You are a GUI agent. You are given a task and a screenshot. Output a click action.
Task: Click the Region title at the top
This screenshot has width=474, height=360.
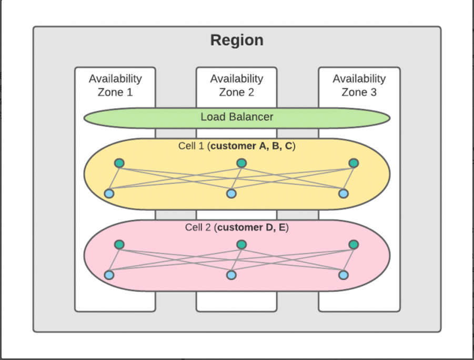237,40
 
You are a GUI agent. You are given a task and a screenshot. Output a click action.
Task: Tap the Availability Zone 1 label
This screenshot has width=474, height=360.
115,85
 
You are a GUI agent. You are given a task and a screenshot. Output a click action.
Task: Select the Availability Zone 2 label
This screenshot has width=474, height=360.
237,85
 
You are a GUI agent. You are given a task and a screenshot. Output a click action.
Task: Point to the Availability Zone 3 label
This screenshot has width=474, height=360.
359,85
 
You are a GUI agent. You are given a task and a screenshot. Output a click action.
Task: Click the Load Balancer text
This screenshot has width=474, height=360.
237,117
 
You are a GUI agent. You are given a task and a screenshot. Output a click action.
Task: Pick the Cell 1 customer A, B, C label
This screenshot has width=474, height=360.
237,146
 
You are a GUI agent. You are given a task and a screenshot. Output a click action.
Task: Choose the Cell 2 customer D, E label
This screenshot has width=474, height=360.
237,228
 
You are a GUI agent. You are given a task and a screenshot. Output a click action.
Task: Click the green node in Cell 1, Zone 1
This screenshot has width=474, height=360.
119,163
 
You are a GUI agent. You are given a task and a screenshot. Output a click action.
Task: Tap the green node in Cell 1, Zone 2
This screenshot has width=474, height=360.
241,163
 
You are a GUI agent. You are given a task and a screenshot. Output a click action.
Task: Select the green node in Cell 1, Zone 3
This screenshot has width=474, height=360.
354,163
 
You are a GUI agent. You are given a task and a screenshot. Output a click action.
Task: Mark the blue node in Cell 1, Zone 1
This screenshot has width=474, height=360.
109,193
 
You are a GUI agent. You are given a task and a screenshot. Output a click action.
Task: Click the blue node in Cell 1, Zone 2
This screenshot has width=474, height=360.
231,194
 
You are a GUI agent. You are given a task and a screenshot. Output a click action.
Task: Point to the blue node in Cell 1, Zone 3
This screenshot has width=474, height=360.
344,193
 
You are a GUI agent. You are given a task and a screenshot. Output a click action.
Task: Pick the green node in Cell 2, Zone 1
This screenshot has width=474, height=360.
119,244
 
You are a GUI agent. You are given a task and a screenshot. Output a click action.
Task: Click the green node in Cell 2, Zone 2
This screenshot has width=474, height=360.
241,244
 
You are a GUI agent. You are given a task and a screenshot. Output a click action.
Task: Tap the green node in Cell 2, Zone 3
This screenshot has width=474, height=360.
354,244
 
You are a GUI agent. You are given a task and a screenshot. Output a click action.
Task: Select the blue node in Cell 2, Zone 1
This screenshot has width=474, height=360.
109,275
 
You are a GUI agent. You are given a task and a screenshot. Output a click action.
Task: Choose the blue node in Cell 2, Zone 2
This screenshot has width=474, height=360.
231,275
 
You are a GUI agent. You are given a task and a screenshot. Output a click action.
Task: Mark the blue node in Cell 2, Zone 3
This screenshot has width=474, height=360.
344,275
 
